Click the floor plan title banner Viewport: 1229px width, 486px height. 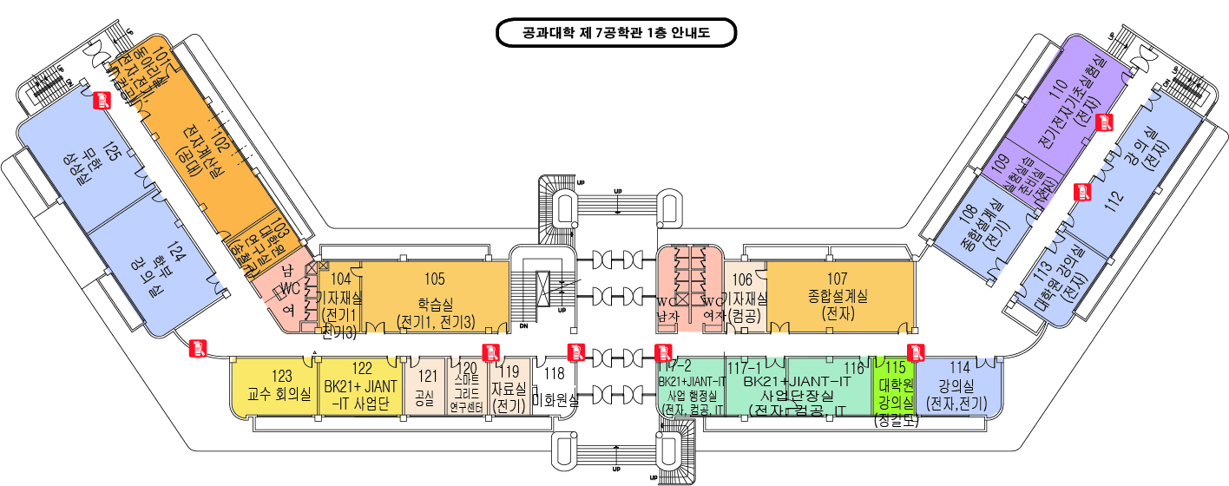point(615,34)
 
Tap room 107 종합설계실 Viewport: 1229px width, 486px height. point(838,295)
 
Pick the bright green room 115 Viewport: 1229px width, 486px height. point(894,386)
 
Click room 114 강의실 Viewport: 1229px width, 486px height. point(957,386)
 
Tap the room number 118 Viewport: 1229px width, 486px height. point(553,375)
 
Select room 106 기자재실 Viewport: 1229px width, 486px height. point(743,295)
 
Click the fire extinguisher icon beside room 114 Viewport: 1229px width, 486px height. point(914,351)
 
